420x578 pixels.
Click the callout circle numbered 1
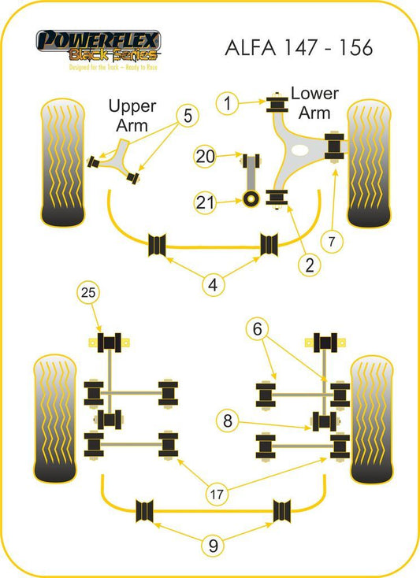(x=227, y=103)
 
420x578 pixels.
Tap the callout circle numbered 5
(x=188, y=116)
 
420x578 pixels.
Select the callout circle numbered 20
(x=205, y=156)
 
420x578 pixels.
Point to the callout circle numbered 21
(x=205, y=202)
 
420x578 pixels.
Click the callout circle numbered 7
(x=332, y=242)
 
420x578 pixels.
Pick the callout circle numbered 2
(x=309, y=265)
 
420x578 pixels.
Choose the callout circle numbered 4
(x=213, y=285)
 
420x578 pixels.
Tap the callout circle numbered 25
(x=88, y=292)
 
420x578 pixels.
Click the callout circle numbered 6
(x=257, y=328)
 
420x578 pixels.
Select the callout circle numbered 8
(x=228, y=421)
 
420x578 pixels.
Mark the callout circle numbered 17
(x=217, y=494)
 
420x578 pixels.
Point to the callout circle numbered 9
(x=213, y=545)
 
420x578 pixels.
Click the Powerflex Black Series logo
(x=98, y=50)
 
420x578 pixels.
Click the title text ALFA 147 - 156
(x=299, y=47)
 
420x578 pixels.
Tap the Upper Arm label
(x=132, y=116)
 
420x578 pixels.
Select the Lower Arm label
(x=314, y=103)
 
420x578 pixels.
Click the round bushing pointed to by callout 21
(x=251, y=198)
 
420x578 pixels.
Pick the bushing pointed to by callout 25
(x=110, y=343)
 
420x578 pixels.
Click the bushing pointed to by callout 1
(x=277, y=104)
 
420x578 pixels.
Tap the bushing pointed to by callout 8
(x=324, y=421)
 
